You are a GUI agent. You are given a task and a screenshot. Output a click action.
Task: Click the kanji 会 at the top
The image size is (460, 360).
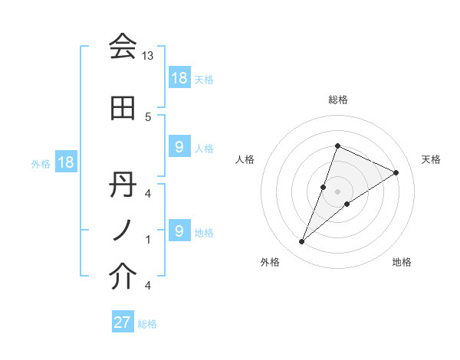click(123, 47)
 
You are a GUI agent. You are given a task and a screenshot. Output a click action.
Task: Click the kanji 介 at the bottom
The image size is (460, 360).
click(123, 277)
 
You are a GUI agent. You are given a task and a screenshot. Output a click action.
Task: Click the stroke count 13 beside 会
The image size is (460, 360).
click(148, 57)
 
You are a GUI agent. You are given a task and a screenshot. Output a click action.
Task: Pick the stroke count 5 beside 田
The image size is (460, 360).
click(148, 116)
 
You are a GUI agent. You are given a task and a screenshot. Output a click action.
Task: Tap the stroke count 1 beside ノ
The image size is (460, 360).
click(148, 240)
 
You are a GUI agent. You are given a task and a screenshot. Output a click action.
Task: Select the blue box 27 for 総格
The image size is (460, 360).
click(123, 322)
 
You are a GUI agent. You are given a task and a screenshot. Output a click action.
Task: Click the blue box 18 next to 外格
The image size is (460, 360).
click(65, 162)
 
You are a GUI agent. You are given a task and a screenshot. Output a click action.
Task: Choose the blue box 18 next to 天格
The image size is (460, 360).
click(179, 78)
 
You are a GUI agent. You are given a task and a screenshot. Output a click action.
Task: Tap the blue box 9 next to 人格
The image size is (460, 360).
click(179, 147)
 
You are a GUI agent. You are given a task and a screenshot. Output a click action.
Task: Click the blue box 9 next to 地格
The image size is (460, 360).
click(179, 231)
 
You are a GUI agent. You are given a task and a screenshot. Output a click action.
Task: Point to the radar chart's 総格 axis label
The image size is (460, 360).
click(338, 100)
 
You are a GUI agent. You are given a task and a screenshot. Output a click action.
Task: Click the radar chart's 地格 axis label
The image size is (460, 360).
click(402, 262)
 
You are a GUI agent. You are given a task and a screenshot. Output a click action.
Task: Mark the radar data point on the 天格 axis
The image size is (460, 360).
click(396, 172)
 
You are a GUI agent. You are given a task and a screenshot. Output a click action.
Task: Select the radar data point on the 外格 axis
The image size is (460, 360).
click(302, 242)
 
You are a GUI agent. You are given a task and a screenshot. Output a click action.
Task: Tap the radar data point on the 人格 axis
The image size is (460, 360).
click(324, 187)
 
